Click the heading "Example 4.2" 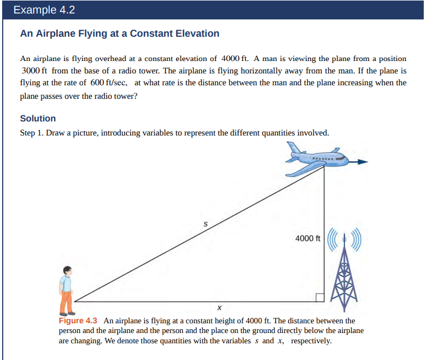coord(44,10)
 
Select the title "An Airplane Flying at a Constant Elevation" coord(119,33)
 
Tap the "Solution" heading coord(38,118)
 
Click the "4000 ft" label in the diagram coord(308,238)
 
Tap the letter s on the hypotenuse coord(205,222)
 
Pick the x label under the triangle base coord(219,309)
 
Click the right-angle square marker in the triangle coord(320,297)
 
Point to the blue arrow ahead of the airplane coord(360,161)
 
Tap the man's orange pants coord(67,301)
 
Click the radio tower coord(343,281)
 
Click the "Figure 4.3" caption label coord(77,321)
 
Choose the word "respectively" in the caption coord(310,341)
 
